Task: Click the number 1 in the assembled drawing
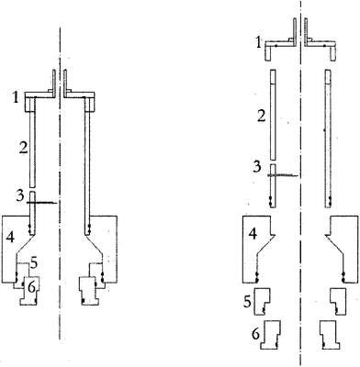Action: [15, 97]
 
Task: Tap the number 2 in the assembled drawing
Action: [23, 148]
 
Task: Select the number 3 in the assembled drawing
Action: [20, 195]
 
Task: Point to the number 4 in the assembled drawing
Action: [10, 238]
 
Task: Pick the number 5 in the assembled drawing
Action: [33, 262]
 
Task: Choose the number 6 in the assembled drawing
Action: [31, 287]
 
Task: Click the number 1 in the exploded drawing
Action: [258, 43]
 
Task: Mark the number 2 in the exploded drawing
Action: [261, 117]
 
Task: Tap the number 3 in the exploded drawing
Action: [257, 167]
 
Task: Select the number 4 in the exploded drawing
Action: [253, 234]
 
